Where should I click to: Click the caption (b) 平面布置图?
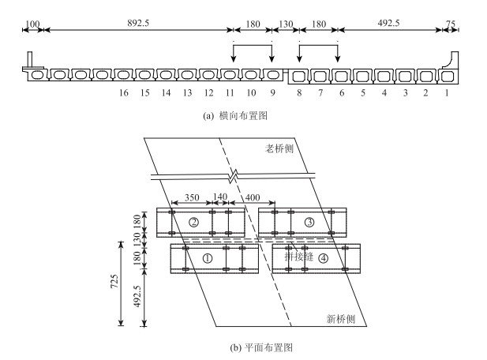coord(243,347)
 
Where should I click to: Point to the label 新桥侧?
coord(341,318)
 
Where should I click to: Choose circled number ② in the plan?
coord(193,222)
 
